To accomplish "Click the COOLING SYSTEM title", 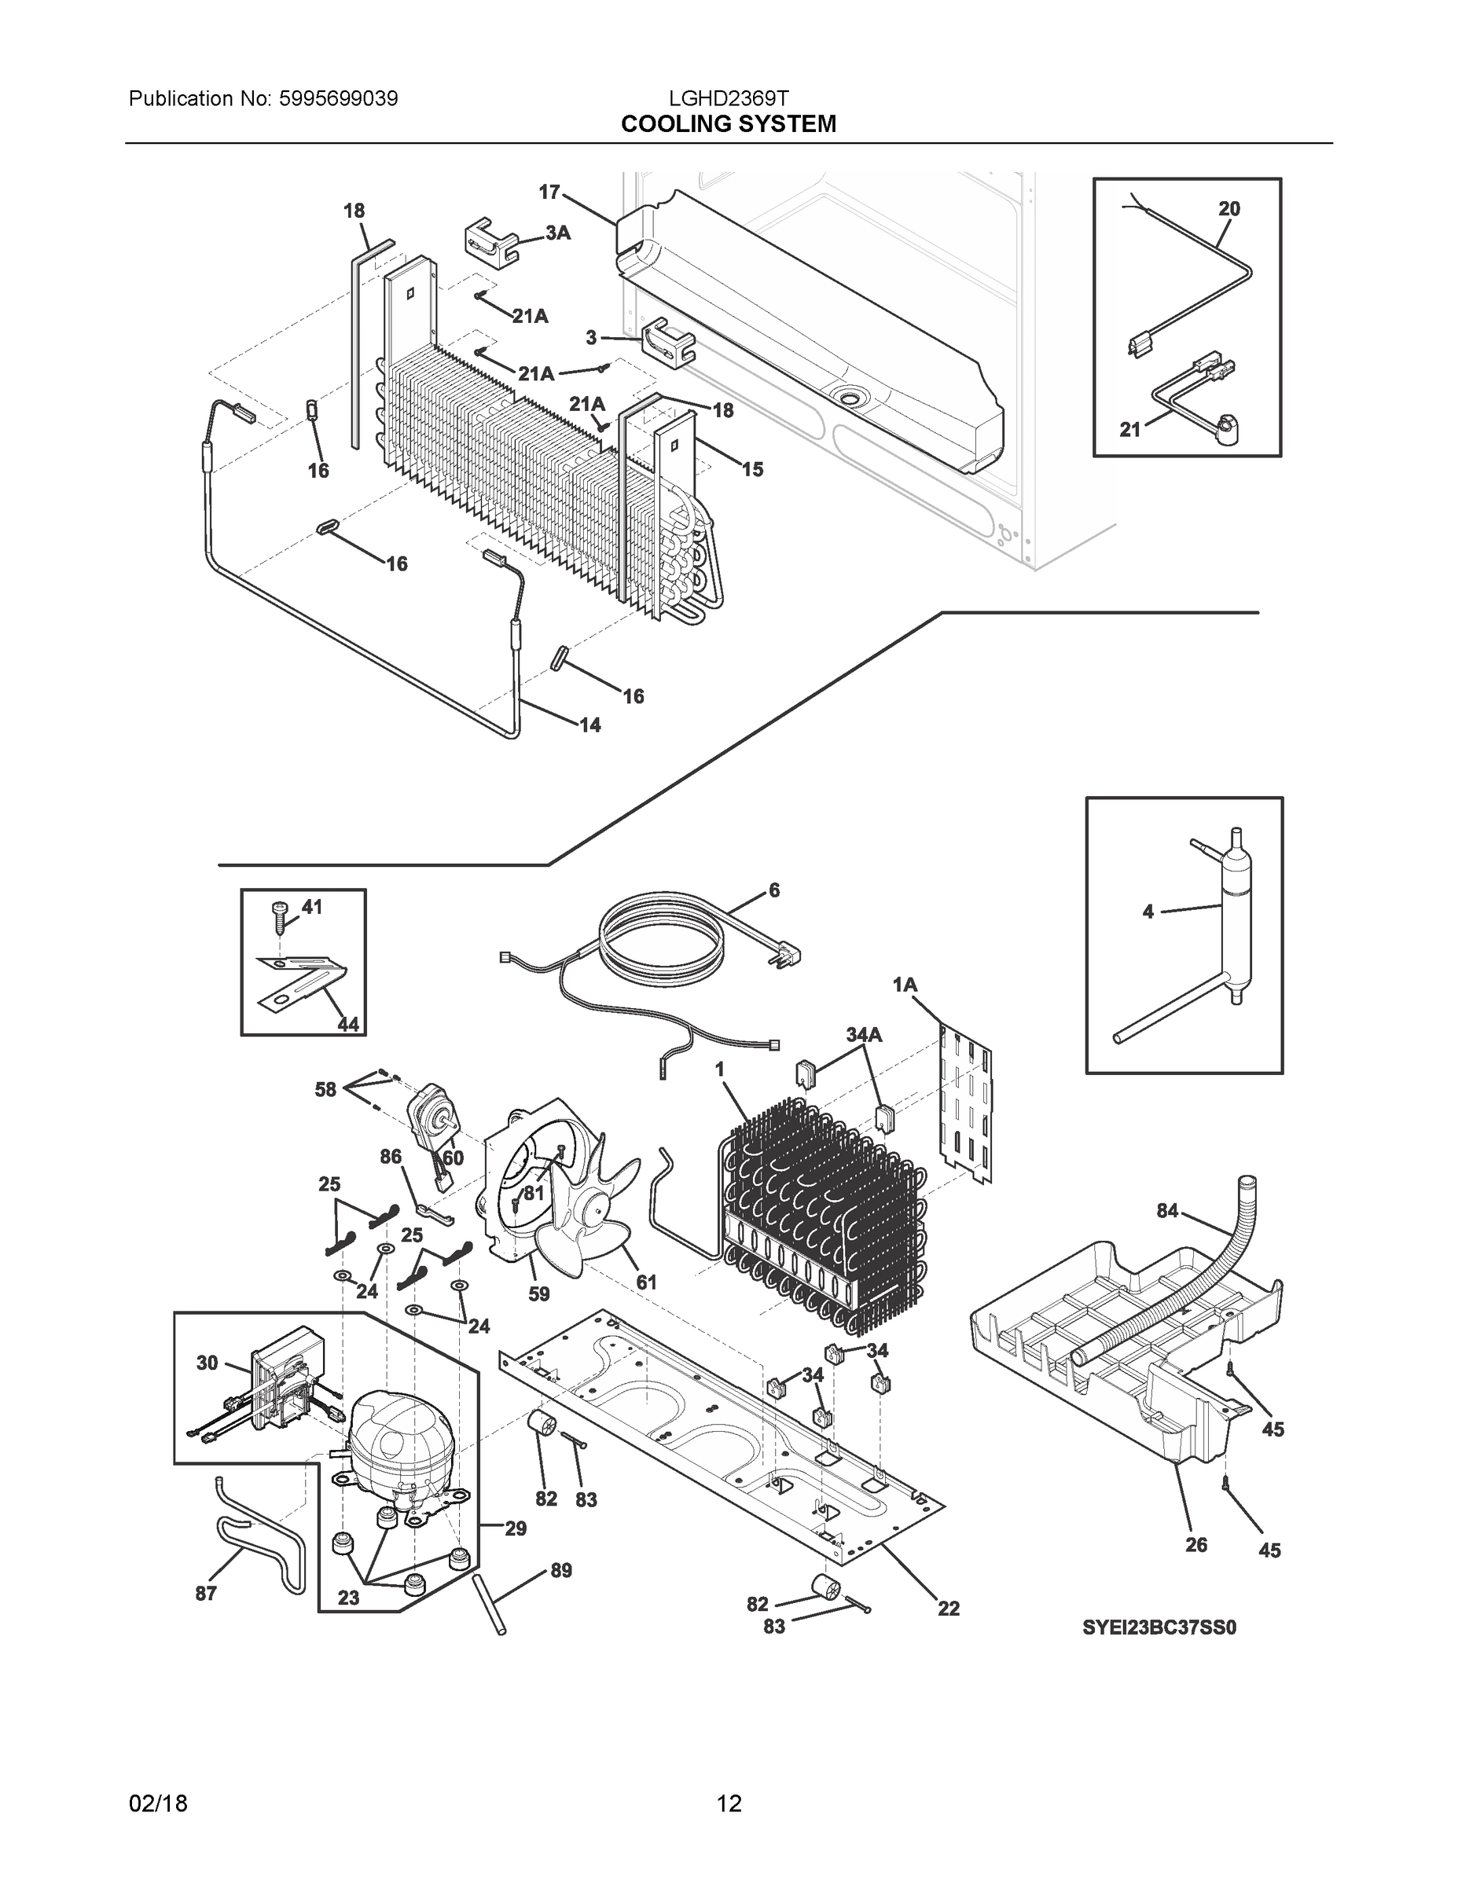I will [x=728, y=124].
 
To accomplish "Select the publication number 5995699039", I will [x=339, y=98].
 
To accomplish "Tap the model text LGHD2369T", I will [x=728, y=98].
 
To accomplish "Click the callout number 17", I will [x=549, y=192].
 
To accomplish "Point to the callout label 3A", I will [x=558, y=233].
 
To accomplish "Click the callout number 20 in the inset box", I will [x=1228, y=208].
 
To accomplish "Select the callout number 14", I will [x=590, y=725].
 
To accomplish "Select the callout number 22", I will [x=949, y=1608].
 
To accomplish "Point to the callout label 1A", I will [x=905, y=985].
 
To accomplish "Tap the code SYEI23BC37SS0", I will [x=1159, y=1627].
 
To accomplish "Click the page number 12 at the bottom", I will [x=728, y=1803].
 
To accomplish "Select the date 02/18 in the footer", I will [x=158, y=1803].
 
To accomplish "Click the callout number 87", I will [x=206, y=1593].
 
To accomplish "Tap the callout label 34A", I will [x=864, y=1033].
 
